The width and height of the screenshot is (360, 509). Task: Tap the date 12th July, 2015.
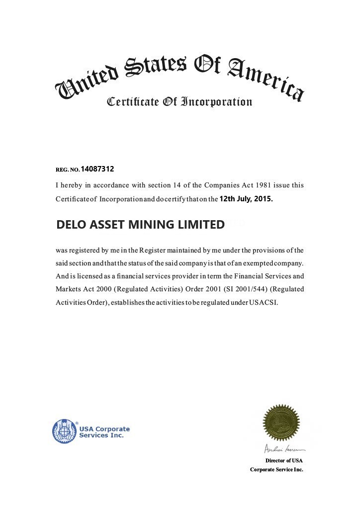pos(246,199)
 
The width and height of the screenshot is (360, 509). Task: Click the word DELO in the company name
pos(71,225)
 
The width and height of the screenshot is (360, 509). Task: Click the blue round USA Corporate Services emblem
pos(65,431)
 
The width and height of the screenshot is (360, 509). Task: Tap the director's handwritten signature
pos(281,449)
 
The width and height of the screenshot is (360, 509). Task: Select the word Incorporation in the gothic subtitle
pos(216,102)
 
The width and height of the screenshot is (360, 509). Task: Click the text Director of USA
pos(284,461)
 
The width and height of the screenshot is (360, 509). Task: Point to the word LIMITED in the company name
pos(201,225)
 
